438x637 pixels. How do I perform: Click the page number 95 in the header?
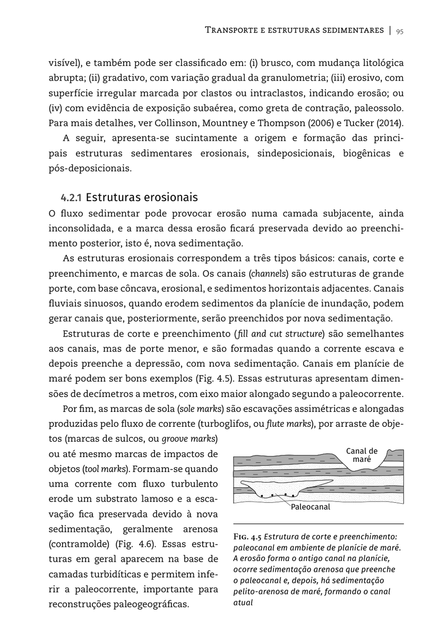click(x=400, y=31)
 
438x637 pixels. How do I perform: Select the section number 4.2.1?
click(x=71, y=198)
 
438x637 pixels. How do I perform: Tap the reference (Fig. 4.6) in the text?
click(x=136, y=544)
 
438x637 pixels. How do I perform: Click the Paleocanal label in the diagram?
click(x=311, y=507)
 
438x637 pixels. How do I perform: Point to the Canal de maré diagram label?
click(x=362, y=455)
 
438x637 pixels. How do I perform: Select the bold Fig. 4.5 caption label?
click(x=247, y=537)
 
